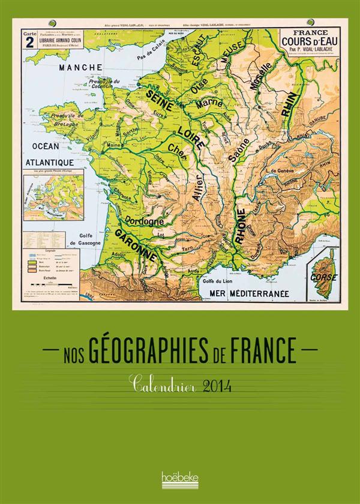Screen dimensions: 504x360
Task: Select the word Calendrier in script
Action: [x=160, y=381]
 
